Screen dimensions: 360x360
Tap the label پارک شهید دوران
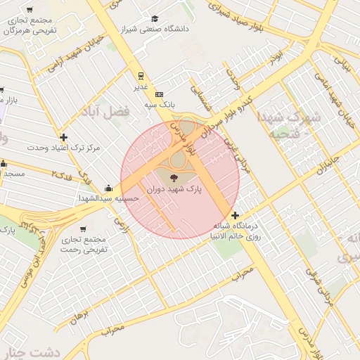pyautogui.click(x=174, y=190)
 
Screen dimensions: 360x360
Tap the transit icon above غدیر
pyautogui.click(x=141, y=76)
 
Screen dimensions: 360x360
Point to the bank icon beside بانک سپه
pyautogui.click(x=159, y=94)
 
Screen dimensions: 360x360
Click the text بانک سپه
pyautogui.click(x=160, y=104)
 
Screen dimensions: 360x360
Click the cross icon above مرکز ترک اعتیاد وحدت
pyautogui.click(x=64, y=137)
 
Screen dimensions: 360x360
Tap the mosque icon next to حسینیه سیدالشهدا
pyautogui.click(x=108, y=188)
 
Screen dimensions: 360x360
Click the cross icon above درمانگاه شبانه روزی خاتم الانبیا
pyautogui.click(x=234, y=215)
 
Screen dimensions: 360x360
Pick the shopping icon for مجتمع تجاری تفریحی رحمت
pyautogui.click(x=84, y=229)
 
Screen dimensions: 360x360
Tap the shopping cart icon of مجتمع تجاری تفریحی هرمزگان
pyautogui.click(x=29, y=11)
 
